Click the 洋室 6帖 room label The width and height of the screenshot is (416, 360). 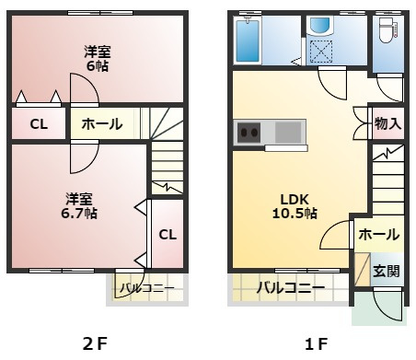(x=98, y=59)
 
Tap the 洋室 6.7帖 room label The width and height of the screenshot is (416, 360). (x=79, y=206)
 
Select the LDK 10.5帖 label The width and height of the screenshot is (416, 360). (x=295, y=206)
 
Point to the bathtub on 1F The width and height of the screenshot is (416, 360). (x=248, y=40)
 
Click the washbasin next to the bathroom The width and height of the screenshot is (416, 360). (x=319, y=26)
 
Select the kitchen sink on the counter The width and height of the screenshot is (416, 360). (x=288, y=133)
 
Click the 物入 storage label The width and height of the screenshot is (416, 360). (x=387, y=123)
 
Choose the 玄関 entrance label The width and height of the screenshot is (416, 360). (x=387, y=271)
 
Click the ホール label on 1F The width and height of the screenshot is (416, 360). (x=379, y=235)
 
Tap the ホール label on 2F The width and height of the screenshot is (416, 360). (x=102, y=124)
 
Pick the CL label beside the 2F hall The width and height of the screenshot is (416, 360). (x=39, y=124)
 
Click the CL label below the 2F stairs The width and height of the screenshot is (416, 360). (x=168, y=235)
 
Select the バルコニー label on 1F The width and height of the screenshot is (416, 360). (x=291, y=287)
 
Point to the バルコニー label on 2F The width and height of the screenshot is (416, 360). (x=147, y=288)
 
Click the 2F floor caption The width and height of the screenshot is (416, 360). (x=95, y=343)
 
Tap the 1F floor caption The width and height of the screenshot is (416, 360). (x=316, y=343)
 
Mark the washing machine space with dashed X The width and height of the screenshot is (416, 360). (x=321, y=52)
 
